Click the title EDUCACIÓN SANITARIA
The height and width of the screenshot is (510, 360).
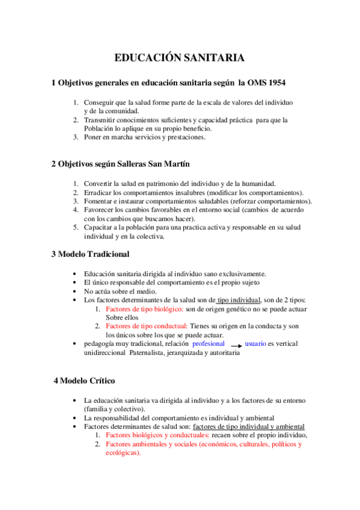tap(180, 58)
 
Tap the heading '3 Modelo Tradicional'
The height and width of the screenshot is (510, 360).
tap(90, 254)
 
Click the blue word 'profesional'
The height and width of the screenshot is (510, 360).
tap(209, 343)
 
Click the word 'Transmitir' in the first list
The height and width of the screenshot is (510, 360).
tap(101, 120)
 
